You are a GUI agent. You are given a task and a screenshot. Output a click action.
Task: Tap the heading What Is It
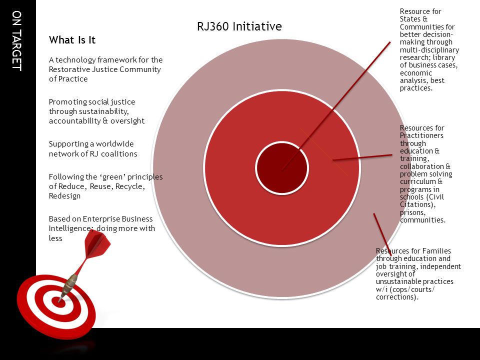pyautogui.click(x=72, y=40)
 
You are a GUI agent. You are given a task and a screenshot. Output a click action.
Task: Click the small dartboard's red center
pyautogui.click(x=58, y=301)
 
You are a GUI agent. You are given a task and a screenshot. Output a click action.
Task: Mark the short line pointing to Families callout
pyautogui.click(x=382, y=234)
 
